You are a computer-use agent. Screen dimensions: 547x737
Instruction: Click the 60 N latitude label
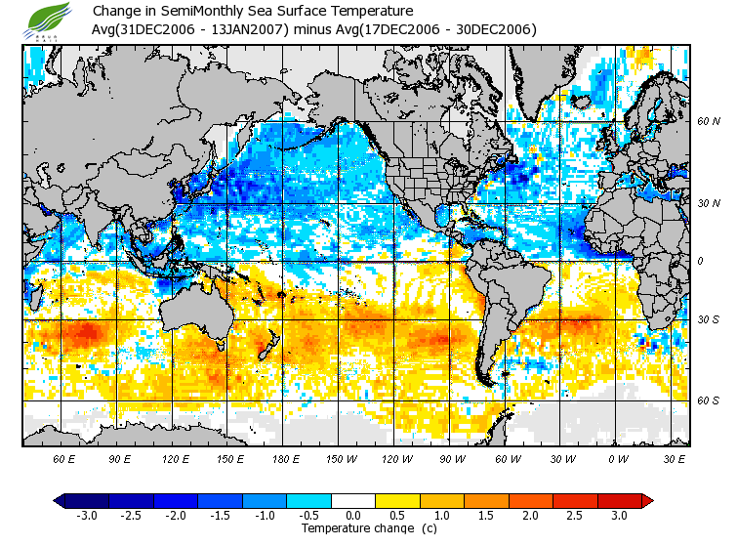(x=709, y=122)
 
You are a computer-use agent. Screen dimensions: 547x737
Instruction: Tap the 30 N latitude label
(x=709, y=203)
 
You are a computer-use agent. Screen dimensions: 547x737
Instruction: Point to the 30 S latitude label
(x=709, y=319)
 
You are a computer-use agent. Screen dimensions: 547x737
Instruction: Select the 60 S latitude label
(x=709, y=400)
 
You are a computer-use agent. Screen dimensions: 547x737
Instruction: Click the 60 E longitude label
(x=64, y=458)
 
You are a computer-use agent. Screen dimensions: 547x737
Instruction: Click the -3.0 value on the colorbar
(x=87, y=516)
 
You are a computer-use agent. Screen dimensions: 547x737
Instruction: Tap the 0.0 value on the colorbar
(x=353, y=516)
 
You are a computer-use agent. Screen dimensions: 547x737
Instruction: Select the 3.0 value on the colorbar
(x=619, y=516)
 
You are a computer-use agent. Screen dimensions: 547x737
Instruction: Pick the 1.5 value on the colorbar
(x=486, y=516)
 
